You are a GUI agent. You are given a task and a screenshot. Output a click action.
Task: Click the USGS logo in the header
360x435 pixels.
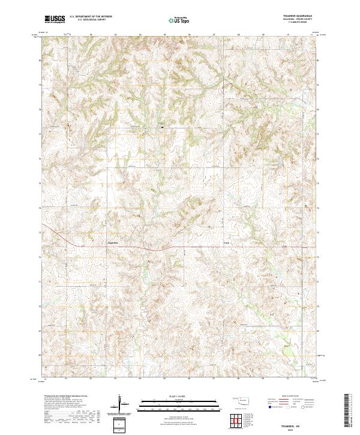55,19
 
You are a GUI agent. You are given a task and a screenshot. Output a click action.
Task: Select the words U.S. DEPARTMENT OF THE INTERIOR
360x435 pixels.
91,16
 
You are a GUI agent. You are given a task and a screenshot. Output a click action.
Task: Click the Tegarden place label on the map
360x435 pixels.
113,242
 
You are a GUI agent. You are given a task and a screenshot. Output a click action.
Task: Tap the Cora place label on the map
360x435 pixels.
226,242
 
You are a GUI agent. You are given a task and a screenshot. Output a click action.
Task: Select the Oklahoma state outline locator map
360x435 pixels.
243,402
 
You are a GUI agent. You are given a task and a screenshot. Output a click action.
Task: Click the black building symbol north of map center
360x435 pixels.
161,126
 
